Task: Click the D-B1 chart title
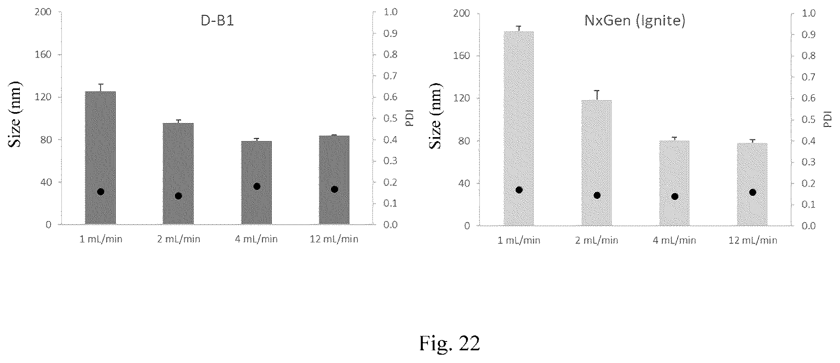pyautogui.click(x=217, y=20)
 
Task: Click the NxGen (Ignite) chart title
pyautogui.click(x=635, y=21)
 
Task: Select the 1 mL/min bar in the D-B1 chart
pyautogui.click(x=100, y=158)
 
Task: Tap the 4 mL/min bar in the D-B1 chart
pyautogui.click(x=256, y=183)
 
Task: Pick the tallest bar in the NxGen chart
pyautogui.click(x=519, y=128)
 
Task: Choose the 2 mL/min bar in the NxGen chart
pyautogui.click(x=597, y=163)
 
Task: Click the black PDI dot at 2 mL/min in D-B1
pyautogui.click(x=178, y=196)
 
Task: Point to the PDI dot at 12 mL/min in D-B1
pyautogui.click(x=334, y=189)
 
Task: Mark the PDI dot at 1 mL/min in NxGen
pyautogui.click(x=519, y=190)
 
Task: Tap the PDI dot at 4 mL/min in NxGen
pyautogui.click(x=675, y=196)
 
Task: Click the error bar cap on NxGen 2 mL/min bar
pyautogui.click(x=597, y=91)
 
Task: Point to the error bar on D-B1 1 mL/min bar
pyautogui.click(x=101, y=88)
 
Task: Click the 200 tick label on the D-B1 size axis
pyautogui.click(x=44, y=12)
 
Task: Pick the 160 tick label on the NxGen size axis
pyautogui.click(x=462, y=55)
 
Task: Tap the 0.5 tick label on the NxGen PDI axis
pyautogui.click(x=809, y=120)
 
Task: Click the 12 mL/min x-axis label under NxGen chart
pyautogui.click(x=753, y=241)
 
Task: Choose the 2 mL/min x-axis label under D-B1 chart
pyautogui.click(x=179, y=239)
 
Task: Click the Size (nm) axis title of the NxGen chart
pyautogui.click(x=435, y=116)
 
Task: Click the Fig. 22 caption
pyautogui.click(x=450, y=343)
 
